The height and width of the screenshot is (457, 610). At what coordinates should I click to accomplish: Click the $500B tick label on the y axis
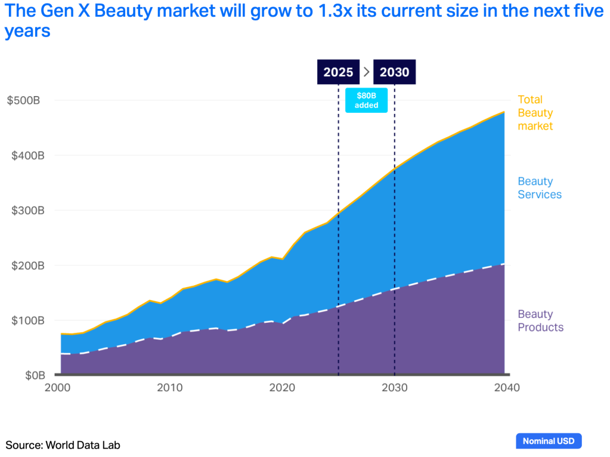tap(23, 100)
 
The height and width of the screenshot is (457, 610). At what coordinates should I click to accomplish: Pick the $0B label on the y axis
tap(28, 375)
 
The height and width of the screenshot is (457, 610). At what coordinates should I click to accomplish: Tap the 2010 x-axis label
tap(169, 388)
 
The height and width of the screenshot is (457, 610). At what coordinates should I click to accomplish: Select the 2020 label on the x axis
tap(282, 388)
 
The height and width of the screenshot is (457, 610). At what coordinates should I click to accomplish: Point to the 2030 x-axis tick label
tap(394, 388)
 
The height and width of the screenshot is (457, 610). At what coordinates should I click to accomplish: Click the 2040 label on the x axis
tap(506, 388)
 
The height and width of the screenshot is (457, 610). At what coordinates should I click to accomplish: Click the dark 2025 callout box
tap(338, 72)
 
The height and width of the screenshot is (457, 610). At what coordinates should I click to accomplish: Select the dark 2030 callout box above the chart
tap(394, 72)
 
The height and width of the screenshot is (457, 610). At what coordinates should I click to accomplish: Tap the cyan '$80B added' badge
tap(366, 100)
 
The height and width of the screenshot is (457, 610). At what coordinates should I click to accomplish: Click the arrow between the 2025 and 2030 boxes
tap(367, 72)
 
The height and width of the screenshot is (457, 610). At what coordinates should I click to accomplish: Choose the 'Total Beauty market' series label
tap(535, 113)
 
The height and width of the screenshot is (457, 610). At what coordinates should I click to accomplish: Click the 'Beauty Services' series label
tap(539, 188)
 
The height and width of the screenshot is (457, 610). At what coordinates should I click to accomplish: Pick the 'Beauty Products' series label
tap(540, 320)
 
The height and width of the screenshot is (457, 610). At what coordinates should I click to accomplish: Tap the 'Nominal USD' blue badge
tap(548, 441)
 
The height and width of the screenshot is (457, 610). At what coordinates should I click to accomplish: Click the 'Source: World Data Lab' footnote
tap(63, 444)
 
